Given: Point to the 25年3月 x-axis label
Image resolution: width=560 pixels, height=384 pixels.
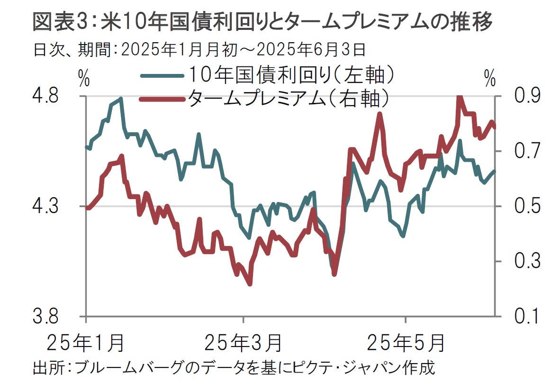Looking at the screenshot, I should [x=244, y=342].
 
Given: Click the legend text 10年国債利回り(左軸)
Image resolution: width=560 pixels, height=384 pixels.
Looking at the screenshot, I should [x=291, y=74].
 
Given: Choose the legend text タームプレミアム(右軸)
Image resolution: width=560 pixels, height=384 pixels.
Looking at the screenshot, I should [x=289, y=98].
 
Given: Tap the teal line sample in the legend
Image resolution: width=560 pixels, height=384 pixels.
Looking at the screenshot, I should [x=161, y=75].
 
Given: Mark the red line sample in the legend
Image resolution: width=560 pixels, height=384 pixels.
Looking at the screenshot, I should [x=161, y=99].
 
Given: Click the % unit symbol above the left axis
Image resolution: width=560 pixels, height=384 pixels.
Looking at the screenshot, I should [x=84, y=79].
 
